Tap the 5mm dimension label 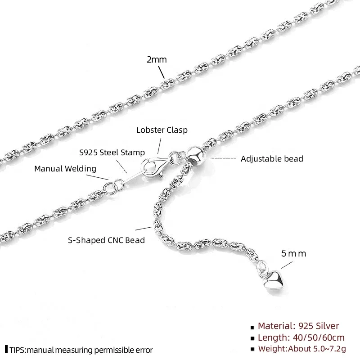(x=293, y=253)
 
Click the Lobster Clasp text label (x=162, y=130)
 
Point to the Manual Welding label (x=65, y=169)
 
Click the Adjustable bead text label (x=272, y=158)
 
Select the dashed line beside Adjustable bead (x=223, y=158)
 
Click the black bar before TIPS (x=6, y=350)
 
